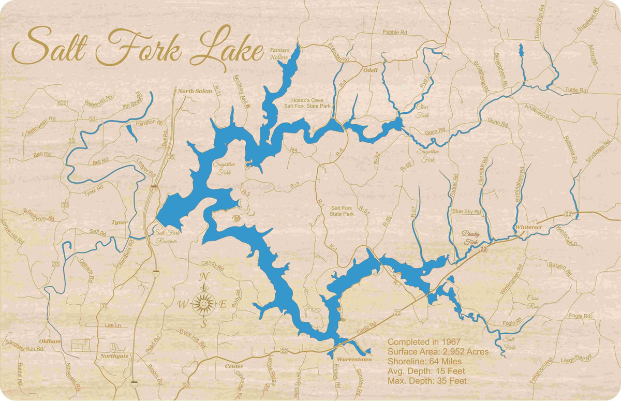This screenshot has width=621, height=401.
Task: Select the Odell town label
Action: click(x=371, y=70)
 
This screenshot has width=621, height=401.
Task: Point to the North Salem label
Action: click(x=195, y=91)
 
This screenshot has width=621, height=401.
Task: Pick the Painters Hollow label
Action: click(x=278, y=54)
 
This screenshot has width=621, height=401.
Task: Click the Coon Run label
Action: click(x=533, y=302)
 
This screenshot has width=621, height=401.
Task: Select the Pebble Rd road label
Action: click(x=395, y=32)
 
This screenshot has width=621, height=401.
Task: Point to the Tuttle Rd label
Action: click(x=575, y=90)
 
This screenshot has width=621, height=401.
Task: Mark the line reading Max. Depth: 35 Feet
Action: click(x=427, y=381)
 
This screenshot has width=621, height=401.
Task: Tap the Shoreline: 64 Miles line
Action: click(x=424, y=362)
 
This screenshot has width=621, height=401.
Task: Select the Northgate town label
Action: click(x=114, y=356)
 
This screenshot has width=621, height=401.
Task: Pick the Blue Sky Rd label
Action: click(x=466, y=212)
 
